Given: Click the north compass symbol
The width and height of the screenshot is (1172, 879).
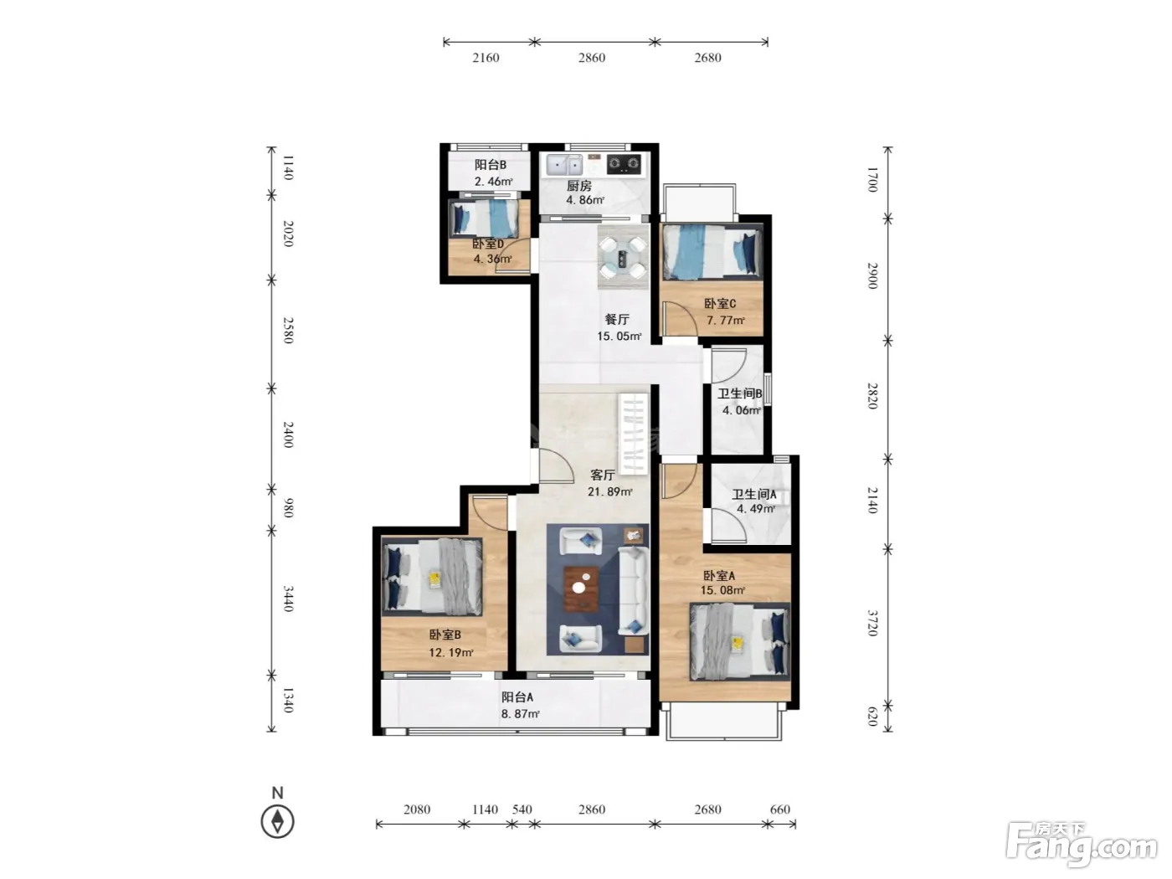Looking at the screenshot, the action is coord(277,821).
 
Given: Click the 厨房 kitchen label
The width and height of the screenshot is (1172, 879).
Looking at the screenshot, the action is coord(578,186).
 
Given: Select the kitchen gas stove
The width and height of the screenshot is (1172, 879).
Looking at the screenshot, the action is coord(624,163).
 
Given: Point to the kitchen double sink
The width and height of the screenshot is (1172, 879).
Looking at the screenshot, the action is coord(564,165).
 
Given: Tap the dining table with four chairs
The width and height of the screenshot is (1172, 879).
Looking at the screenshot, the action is coord(623,257).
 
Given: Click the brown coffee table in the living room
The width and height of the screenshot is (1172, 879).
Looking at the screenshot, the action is coord(582,589).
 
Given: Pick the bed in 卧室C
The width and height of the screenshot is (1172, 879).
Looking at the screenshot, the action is coord(712,252).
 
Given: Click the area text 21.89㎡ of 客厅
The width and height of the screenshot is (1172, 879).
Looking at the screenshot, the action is coord(609,491).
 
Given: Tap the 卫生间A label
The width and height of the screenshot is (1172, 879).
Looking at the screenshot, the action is coord(753,494).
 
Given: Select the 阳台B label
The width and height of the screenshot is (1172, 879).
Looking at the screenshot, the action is coord(491,165).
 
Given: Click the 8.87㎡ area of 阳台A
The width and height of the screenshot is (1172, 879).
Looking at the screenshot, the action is coord(520,713).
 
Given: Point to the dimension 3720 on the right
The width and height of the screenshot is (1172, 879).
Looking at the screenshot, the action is coord(872,623).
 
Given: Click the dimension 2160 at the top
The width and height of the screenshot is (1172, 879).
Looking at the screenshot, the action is coord(486,58).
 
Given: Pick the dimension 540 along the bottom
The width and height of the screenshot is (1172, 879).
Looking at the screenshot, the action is coord(522,809).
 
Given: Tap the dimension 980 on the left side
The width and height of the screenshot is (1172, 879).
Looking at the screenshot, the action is coord(288,507).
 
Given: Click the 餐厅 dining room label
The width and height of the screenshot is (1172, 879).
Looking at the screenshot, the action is coord(617,319).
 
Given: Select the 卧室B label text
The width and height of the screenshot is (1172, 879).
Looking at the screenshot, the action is coord(445,635).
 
